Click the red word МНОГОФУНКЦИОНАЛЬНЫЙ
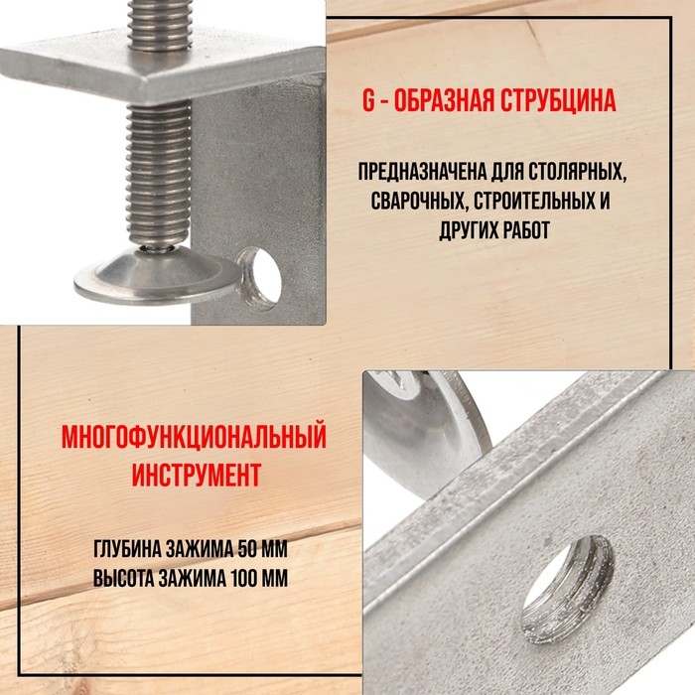194,437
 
